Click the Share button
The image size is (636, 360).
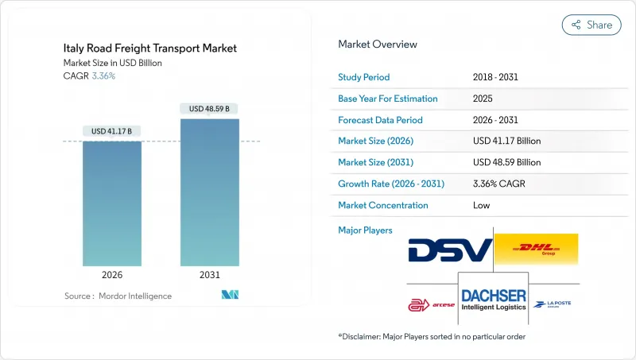591,25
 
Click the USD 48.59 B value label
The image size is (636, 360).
210,108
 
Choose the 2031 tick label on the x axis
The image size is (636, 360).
210,275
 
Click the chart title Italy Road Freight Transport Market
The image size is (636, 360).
150,48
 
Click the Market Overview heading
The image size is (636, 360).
378,44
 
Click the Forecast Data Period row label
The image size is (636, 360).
381,120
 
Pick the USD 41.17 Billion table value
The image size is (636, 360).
506,141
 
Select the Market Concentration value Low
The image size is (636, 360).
481,205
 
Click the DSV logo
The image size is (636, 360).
450,250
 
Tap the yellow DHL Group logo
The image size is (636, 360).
536,250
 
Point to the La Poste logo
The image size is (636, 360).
553,304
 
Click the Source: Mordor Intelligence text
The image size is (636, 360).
118,296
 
